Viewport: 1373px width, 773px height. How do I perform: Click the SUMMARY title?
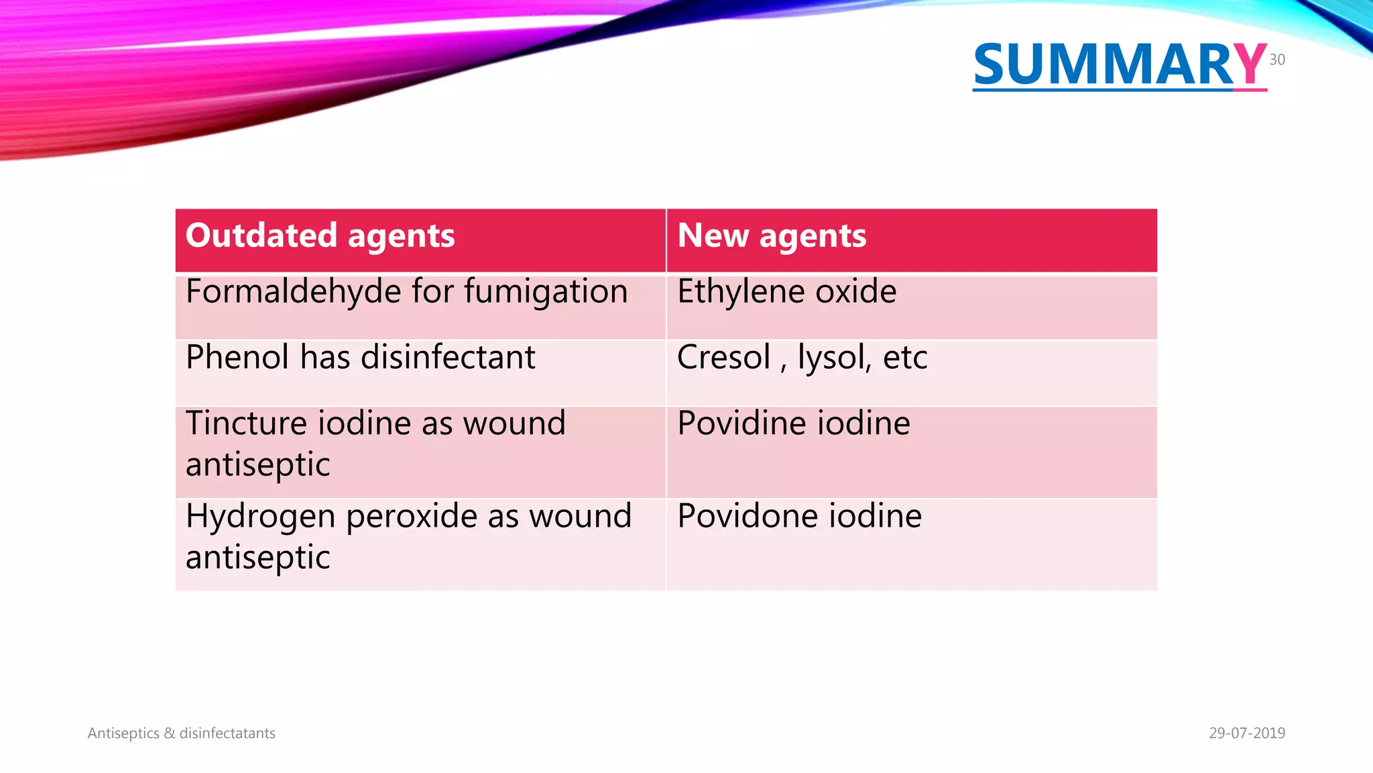(1120, 65)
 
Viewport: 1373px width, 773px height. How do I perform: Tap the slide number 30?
(1276, 60)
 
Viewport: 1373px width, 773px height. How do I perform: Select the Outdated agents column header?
(320, 236)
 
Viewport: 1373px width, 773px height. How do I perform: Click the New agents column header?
(772, 236)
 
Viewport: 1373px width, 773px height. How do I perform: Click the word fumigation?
(546, 293)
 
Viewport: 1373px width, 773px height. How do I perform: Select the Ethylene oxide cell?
(786, 293)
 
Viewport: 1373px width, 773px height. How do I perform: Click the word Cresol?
(723, 358)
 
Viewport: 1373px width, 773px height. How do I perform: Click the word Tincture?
(245, 424)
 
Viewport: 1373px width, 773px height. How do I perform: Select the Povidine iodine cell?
(793, 424)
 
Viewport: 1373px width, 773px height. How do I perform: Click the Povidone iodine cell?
(799, 517)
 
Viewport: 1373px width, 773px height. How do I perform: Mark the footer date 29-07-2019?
(1246, 733)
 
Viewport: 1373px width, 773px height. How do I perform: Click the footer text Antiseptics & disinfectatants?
(181, 733)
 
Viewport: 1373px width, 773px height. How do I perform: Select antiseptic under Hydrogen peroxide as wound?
(257, 558)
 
